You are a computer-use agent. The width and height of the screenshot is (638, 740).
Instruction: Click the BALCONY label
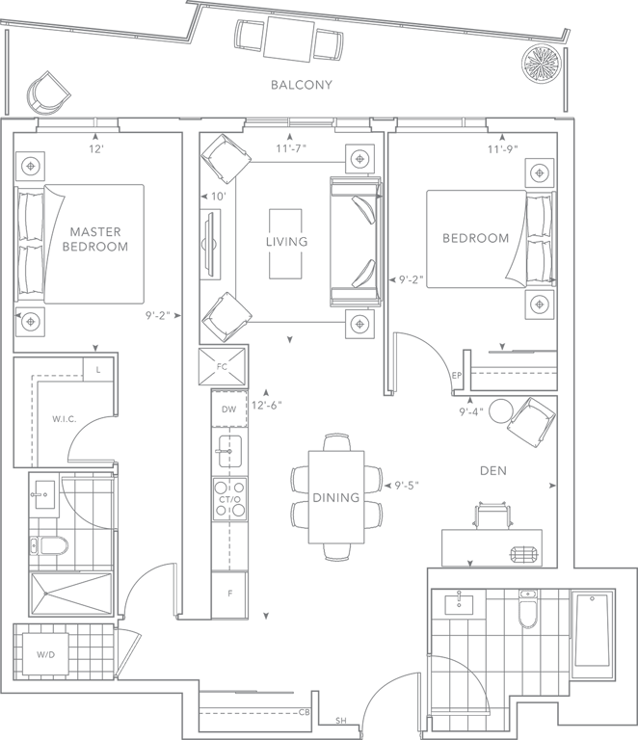tap(302, 85)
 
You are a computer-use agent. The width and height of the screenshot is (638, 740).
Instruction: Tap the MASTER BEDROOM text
tap(95, 239)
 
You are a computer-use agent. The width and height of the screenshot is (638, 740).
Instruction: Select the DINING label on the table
tap(335, 498)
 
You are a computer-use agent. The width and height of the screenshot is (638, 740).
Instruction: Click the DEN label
tap(492, 470)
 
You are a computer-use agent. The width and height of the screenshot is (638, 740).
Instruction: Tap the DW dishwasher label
tap(227, 410)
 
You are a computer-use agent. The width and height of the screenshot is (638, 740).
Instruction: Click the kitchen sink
tap(227, 446)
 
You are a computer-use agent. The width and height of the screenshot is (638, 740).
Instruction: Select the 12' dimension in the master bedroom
tap(95, 149)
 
